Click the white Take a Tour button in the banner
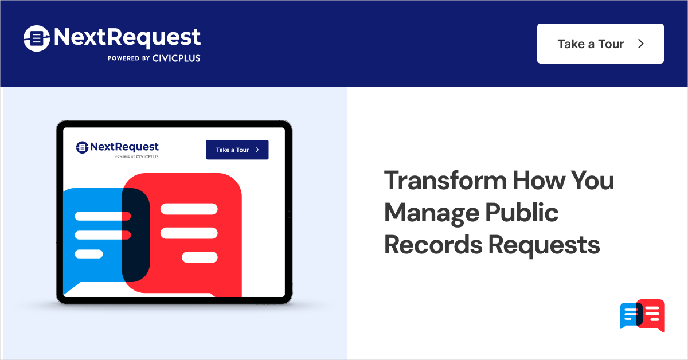600,44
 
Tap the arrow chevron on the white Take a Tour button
642,44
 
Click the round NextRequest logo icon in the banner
37,38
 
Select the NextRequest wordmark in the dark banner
127,38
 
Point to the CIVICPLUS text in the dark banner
177,58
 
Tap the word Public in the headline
522,213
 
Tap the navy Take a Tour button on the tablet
237,150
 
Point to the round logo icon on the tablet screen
82,147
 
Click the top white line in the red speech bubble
189,209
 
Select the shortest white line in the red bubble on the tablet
200,257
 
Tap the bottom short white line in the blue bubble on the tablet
89,254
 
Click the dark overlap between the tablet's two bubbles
136,235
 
